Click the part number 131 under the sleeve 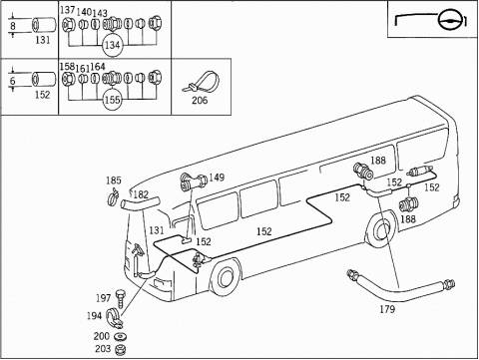pos(43,42)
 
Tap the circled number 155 pos(112,101)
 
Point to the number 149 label pos(217,178)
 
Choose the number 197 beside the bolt pos(104,298)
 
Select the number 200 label pos(103,337)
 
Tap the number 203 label pos(103,349)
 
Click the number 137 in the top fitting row pos(67,10)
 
